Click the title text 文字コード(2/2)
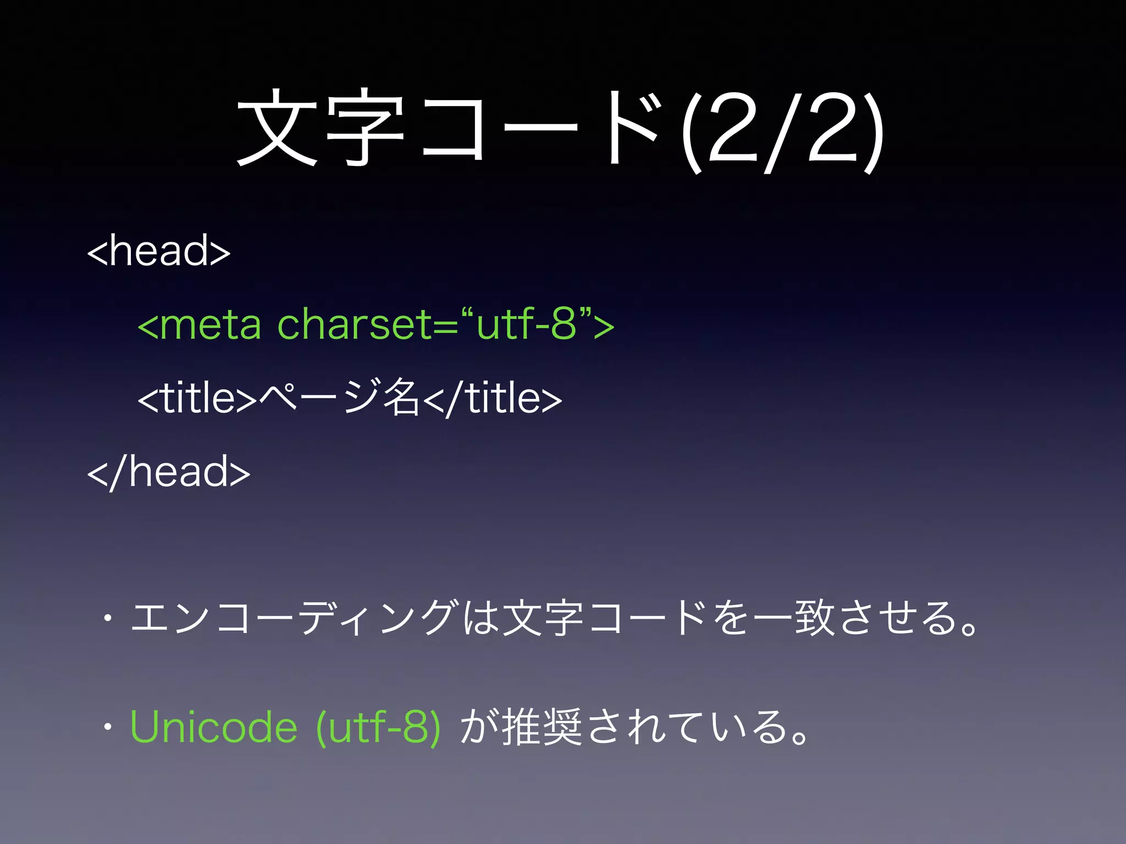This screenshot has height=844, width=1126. pyautogui.click(x=561, y=132)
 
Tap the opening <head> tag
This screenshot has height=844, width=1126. pyautogui.click(x=159, y=251)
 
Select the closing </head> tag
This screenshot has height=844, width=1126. pyautogui.click(x=169, y=473)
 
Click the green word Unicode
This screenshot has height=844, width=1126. pyautogui.click(x=214, y=728)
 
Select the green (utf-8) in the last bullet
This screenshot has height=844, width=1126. pyautogui.click(x=378, y=728)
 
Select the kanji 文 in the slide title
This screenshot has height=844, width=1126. pyautogui.click(x=278, y=129)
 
